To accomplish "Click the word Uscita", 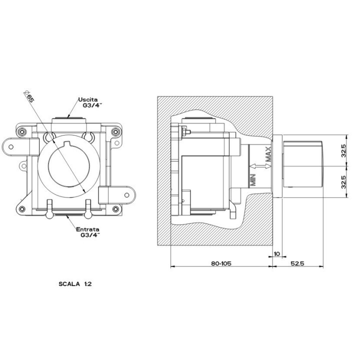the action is [88, 99].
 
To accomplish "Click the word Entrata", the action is [87, 229].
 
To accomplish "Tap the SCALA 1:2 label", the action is [75, 284].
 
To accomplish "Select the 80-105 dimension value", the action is [221, 263].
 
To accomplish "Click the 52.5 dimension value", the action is [297, 263].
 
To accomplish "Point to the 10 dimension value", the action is [277, 253].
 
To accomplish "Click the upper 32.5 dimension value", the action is [343, 150].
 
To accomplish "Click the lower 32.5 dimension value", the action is [343, 182].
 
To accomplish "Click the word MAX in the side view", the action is [268, 154].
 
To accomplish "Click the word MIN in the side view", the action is [253, 180].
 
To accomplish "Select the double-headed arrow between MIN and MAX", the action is [260, 166].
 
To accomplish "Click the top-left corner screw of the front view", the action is [22, 132].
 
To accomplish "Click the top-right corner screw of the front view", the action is [115, 132].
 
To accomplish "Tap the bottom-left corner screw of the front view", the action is [22, 209].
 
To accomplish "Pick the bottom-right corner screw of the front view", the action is [115, 209].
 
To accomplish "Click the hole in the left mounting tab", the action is [11, 147].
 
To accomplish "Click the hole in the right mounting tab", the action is [126, 195].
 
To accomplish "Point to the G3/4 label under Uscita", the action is [92, 105].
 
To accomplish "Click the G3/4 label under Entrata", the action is [90, 235].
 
